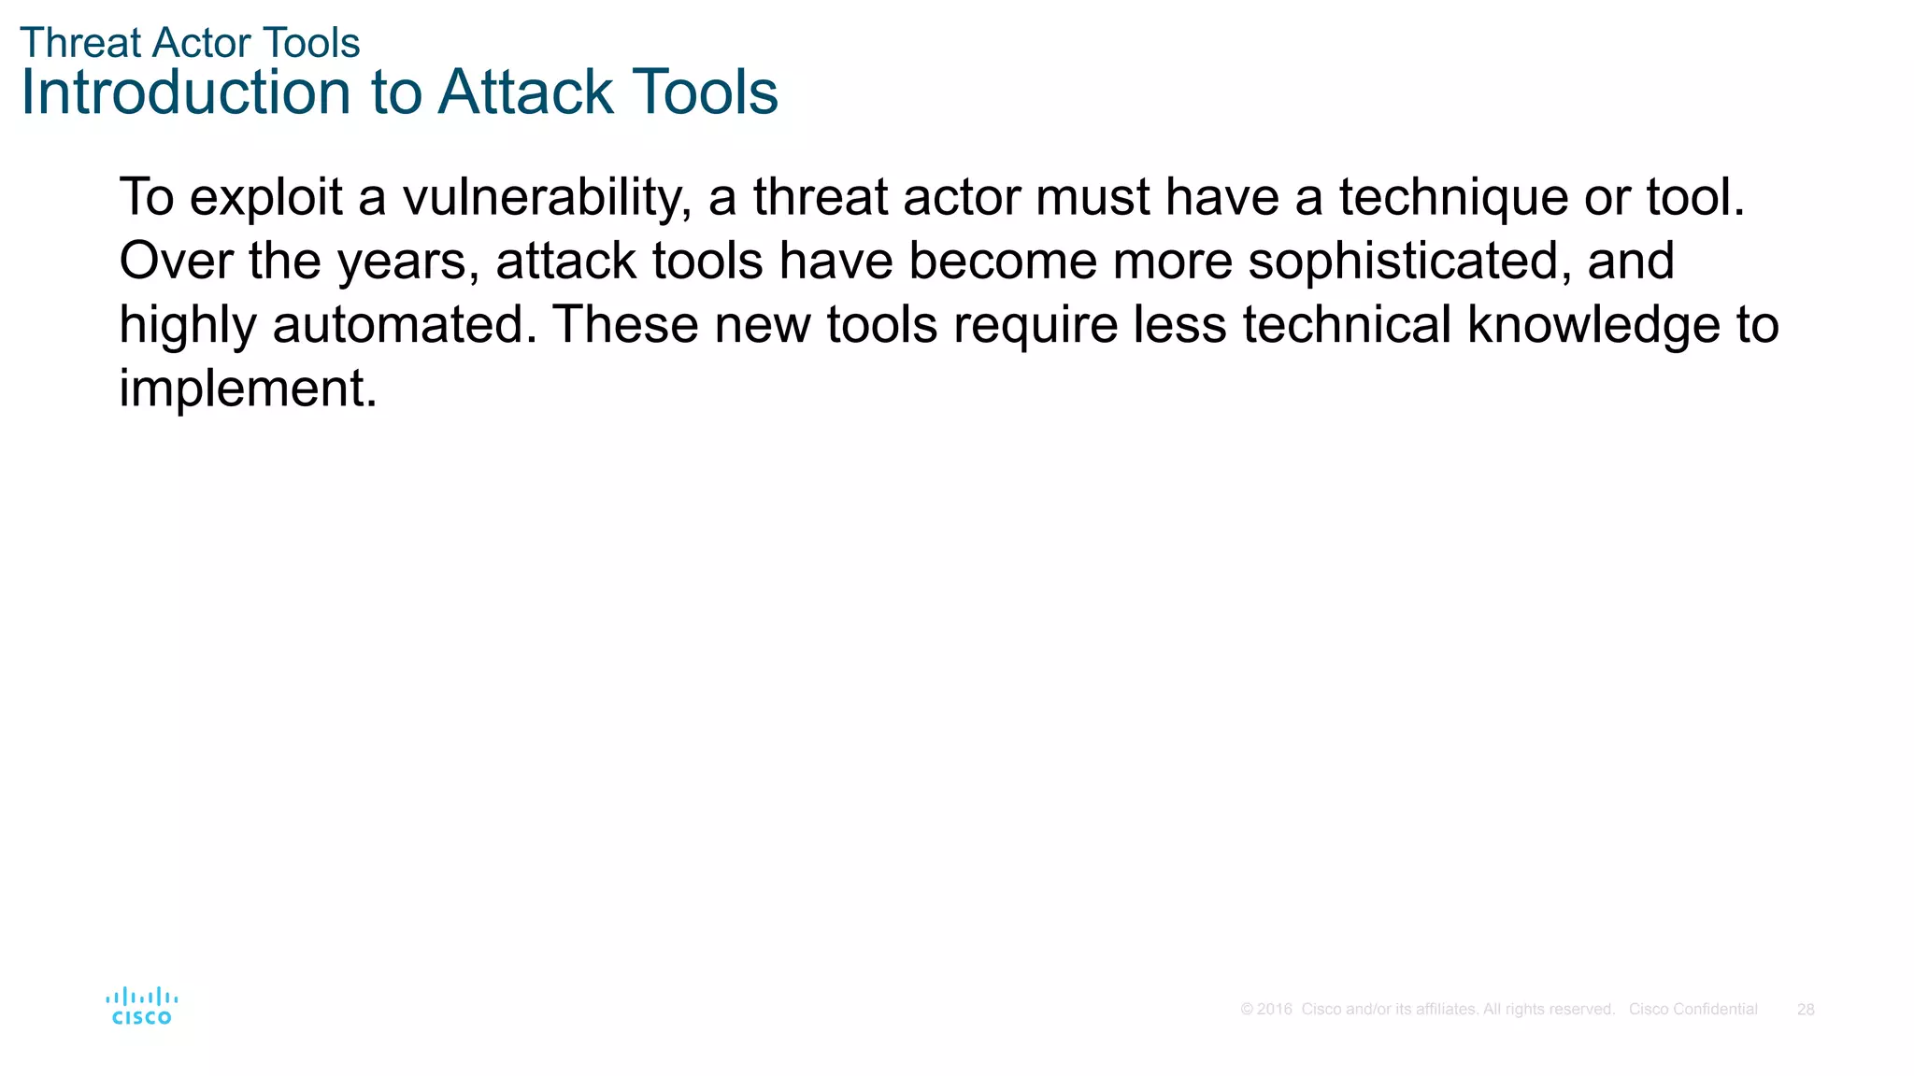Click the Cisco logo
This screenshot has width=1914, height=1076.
[141, 1007]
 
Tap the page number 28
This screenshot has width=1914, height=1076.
[1806, 1010]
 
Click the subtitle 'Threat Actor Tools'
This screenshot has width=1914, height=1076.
[190, 43]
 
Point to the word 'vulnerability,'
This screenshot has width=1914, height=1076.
[547, 198]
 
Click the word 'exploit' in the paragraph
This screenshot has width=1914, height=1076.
[265, 198]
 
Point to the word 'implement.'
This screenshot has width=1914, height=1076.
[248, 389]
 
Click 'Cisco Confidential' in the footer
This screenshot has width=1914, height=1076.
[1693, 1010]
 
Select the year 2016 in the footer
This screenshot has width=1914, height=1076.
[1274, 1010]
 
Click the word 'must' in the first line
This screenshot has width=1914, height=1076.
[1092, 198]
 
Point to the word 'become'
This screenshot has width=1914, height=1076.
[1002, 262]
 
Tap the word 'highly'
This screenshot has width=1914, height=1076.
[187, 325]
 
